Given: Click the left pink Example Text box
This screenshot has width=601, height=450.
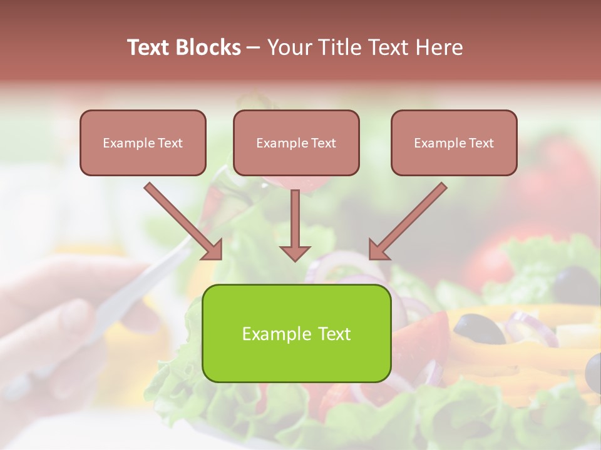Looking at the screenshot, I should pyautogui.click(x=143, y=142).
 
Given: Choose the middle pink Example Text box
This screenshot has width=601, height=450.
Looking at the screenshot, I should pyautogui.click(x=296, y=142).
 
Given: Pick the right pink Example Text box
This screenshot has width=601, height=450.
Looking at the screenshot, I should pyautogui.click(x=454, y=142).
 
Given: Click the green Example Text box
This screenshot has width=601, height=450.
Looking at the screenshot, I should pyautogui.click(x=296, y=333).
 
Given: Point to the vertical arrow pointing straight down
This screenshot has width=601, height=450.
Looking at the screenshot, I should pyautogui.click(x=295, y=225).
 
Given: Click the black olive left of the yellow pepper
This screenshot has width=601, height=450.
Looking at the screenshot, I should pyautogui.click(x=479, y=328).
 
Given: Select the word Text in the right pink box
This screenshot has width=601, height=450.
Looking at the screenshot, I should pyautogui.click(x=481, y=142).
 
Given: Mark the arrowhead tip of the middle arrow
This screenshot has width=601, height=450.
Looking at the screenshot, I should pyautogui.click(x=295, y=259).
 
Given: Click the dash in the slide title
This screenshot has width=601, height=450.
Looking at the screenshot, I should pyautogui.click(x=254, y=47).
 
